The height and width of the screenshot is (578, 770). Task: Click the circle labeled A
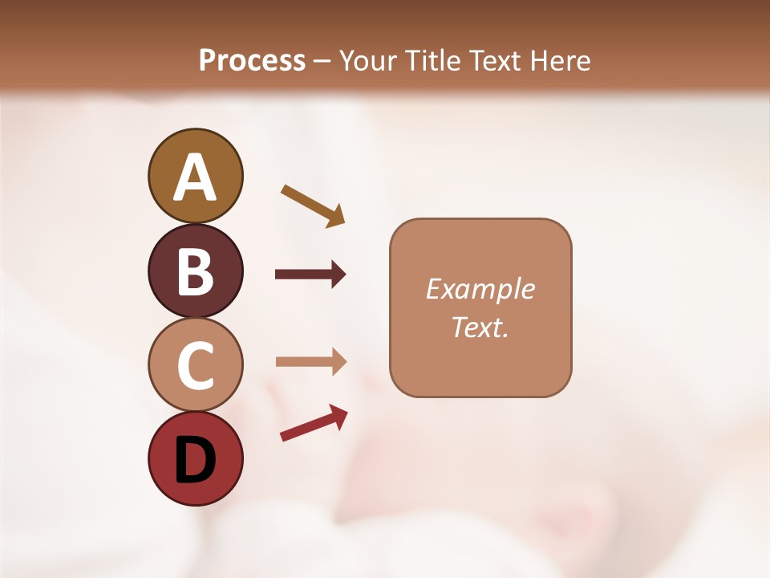click(195, 176)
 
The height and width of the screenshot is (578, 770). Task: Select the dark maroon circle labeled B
click(195, 271)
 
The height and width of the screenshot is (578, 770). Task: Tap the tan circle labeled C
click(195, 364)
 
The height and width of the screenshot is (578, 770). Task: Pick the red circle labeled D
click(195, 458)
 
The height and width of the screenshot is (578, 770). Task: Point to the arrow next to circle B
click(310, 275)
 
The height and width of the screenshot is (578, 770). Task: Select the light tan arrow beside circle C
click(310, 361)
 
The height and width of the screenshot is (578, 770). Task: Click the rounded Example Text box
click(480, 307)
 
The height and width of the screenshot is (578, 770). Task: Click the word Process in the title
click(252, 61)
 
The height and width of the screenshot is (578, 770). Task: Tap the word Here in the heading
click(561, 61)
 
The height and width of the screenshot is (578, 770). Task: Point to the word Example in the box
click(480, 289)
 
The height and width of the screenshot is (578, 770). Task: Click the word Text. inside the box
click(480, 328)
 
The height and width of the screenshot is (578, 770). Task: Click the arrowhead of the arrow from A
click(336, 217)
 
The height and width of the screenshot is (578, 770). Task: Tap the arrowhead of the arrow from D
click(338, 415)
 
